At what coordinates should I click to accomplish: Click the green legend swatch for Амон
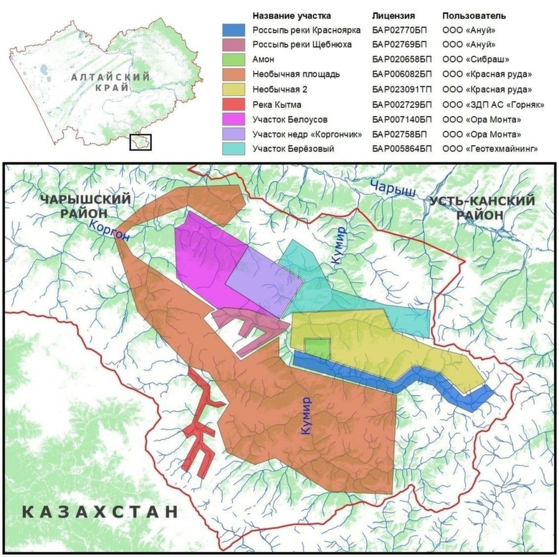click(234, 60)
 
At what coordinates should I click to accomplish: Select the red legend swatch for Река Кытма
click(234, 105)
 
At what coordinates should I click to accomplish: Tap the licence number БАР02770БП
click(402, 30)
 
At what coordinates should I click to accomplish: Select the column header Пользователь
click(474, 15)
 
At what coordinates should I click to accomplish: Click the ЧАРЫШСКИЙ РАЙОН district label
click(86, 206)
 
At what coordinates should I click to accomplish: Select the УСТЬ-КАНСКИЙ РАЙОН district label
click(482, 208)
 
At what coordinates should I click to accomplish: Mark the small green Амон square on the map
click(316, 349)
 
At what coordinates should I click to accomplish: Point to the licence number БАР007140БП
click(402, 119)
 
